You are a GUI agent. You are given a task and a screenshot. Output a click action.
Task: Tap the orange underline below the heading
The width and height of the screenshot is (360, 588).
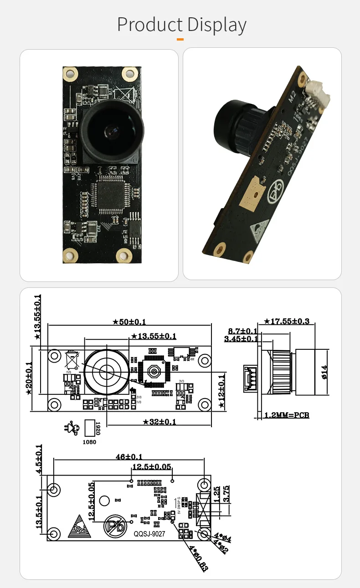(180, 40)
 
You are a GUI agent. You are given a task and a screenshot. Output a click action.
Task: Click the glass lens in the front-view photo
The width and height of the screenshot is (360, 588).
(111, 132)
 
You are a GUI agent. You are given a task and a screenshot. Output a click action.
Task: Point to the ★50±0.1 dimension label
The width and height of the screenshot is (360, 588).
(129, 322)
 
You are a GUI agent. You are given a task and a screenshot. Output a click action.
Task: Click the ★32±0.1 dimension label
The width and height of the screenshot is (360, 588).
(159, 422)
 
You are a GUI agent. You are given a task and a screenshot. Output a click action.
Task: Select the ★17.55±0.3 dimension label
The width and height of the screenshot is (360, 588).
(287, 322)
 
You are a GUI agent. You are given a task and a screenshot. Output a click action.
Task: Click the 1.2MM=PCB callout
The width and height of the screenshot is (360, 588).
(287, 415)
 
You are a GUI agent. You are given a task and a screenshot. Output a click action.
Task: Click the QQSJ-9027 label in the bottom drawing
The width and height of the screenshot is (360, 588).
(149, 534)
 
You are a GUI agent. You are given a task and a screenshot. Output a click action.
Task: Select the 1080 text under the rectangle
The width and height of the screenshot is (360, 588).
(89, 442)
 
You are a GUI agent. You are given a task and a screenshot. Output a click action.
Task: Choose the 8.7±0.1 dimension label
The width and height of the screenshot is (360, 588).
(242, 331)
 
